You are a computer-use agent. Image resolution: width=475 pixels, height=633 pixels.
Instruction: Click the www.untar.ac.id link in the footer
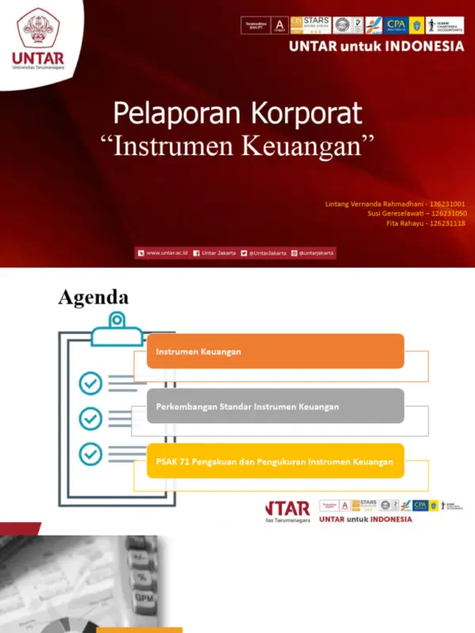(x=166, y=252)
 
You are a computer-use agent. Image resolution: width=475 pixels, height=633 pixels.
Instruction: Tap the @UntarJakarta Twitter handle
(x=267, y=252)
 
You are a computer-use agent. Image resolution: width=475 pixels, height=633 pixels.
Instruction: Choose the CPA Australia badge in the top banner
(x=396, y=25)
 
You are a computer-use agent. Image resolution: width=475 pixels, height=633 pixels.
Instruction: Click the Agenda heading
(x=93, y=297)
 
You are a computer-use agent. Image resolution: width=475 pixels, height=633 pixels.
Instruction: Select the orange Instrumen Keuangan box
(x=275, y=351)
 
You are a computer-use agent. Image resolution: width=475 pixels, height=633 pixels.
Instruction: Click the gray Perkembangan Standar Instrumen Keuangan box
(x=275, y=406)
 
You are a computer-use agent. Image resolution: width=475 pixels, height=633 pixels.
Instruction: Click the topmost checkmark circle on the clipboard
(x=90, y=384)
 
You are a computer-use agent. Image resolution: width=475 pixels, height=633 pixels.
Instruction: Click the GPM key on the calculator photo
(x=143, y=597)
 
